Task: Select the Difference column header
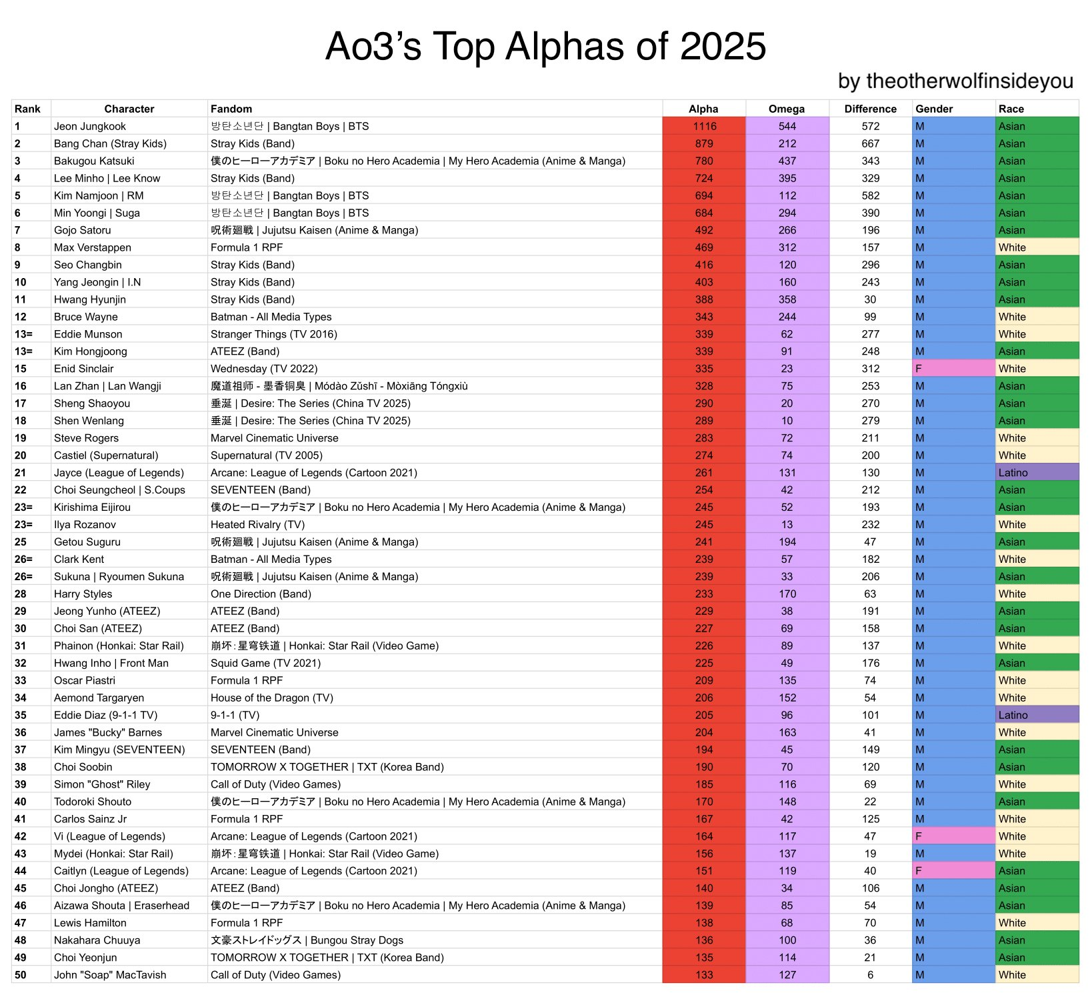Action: point(870,109)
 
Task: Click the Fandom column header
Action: point(231,109)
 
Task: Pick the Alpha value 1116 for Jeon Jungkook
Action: point(704,126)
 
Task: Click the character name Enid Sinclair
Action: point(84,369)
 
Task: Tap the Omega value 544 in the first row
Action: point(787,126)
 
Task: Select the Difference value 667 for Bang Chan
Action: point(870,143)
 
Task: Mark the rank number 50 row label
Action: point(21,975)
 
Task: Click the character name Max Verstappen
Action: point(93,247)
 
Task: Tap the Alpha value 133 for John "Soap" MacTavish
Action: point(704,975)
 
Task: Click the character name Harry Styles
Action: point(83,594)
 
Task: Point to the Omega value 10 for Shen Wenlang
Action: point(787,421)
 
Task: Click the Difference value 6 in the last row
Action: point(870,975)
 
